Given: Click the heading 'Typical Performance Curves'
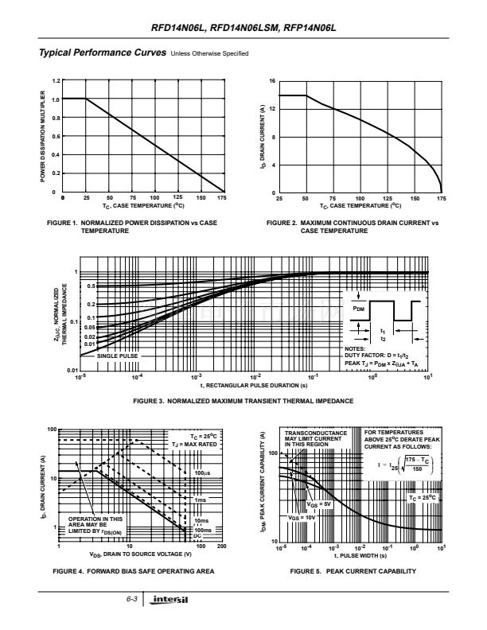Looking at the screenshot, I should click(103, 53).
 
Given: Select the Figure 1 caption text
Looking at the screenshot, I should click(133, 227).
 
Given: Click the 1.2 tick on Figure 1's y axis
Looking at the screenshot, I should click(55, 82).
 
